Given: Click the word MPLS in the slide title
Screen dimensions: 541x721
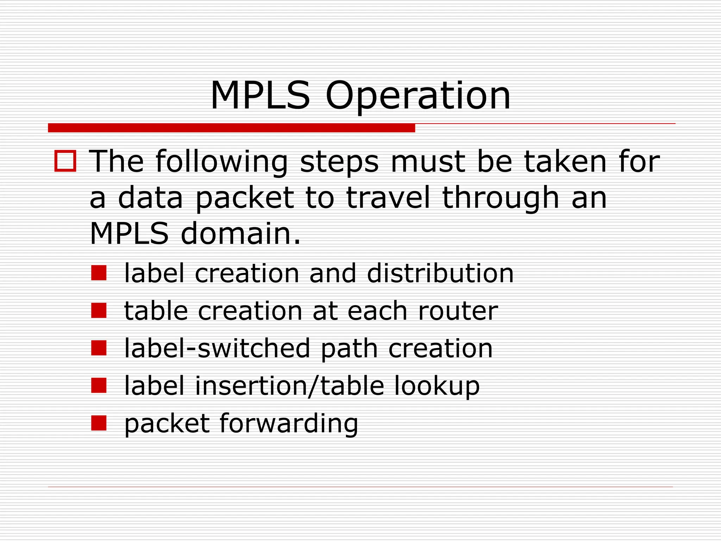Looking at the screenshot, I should tap(260, 96).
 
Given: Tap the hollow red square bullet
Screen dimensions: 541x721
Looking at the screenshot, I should tap(65, 161).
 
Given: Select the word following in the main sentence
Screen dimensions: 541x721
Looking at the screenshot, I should tap(222, 162).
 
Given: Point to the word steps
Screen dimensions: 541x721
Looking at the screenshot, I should tap(339, 162).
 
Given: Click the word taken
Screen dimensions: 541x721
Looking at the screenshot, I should tap(565, 162).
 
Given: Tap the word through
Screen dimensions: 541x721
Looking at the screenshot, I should tap(500, 198).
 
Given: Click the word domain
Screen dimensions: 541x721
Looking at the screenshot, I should tap(241, 234).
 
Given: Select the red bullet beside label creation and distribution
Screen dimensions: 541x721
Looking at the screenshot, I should tap(99, 273).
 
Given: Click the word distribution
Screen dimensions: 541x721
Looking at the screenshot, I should tap(440, 273).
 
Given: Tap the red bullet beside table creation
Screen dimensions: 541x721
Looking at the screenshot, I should tap(99, 310).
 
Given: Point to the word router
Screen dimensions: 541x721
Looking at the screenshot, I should tap(458, 311).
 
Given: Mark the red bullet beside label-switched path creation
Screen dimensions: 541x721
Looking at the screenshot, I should tap(99, 348).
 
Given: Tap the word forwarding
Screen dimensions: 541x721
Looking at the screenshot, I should tap(289, 424).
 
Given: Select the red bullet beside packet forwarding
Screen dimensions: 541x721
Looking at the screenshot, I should tap(99, 423).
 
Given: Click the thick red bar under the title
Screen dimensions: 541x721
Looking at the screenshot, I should tap(231, 128).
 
